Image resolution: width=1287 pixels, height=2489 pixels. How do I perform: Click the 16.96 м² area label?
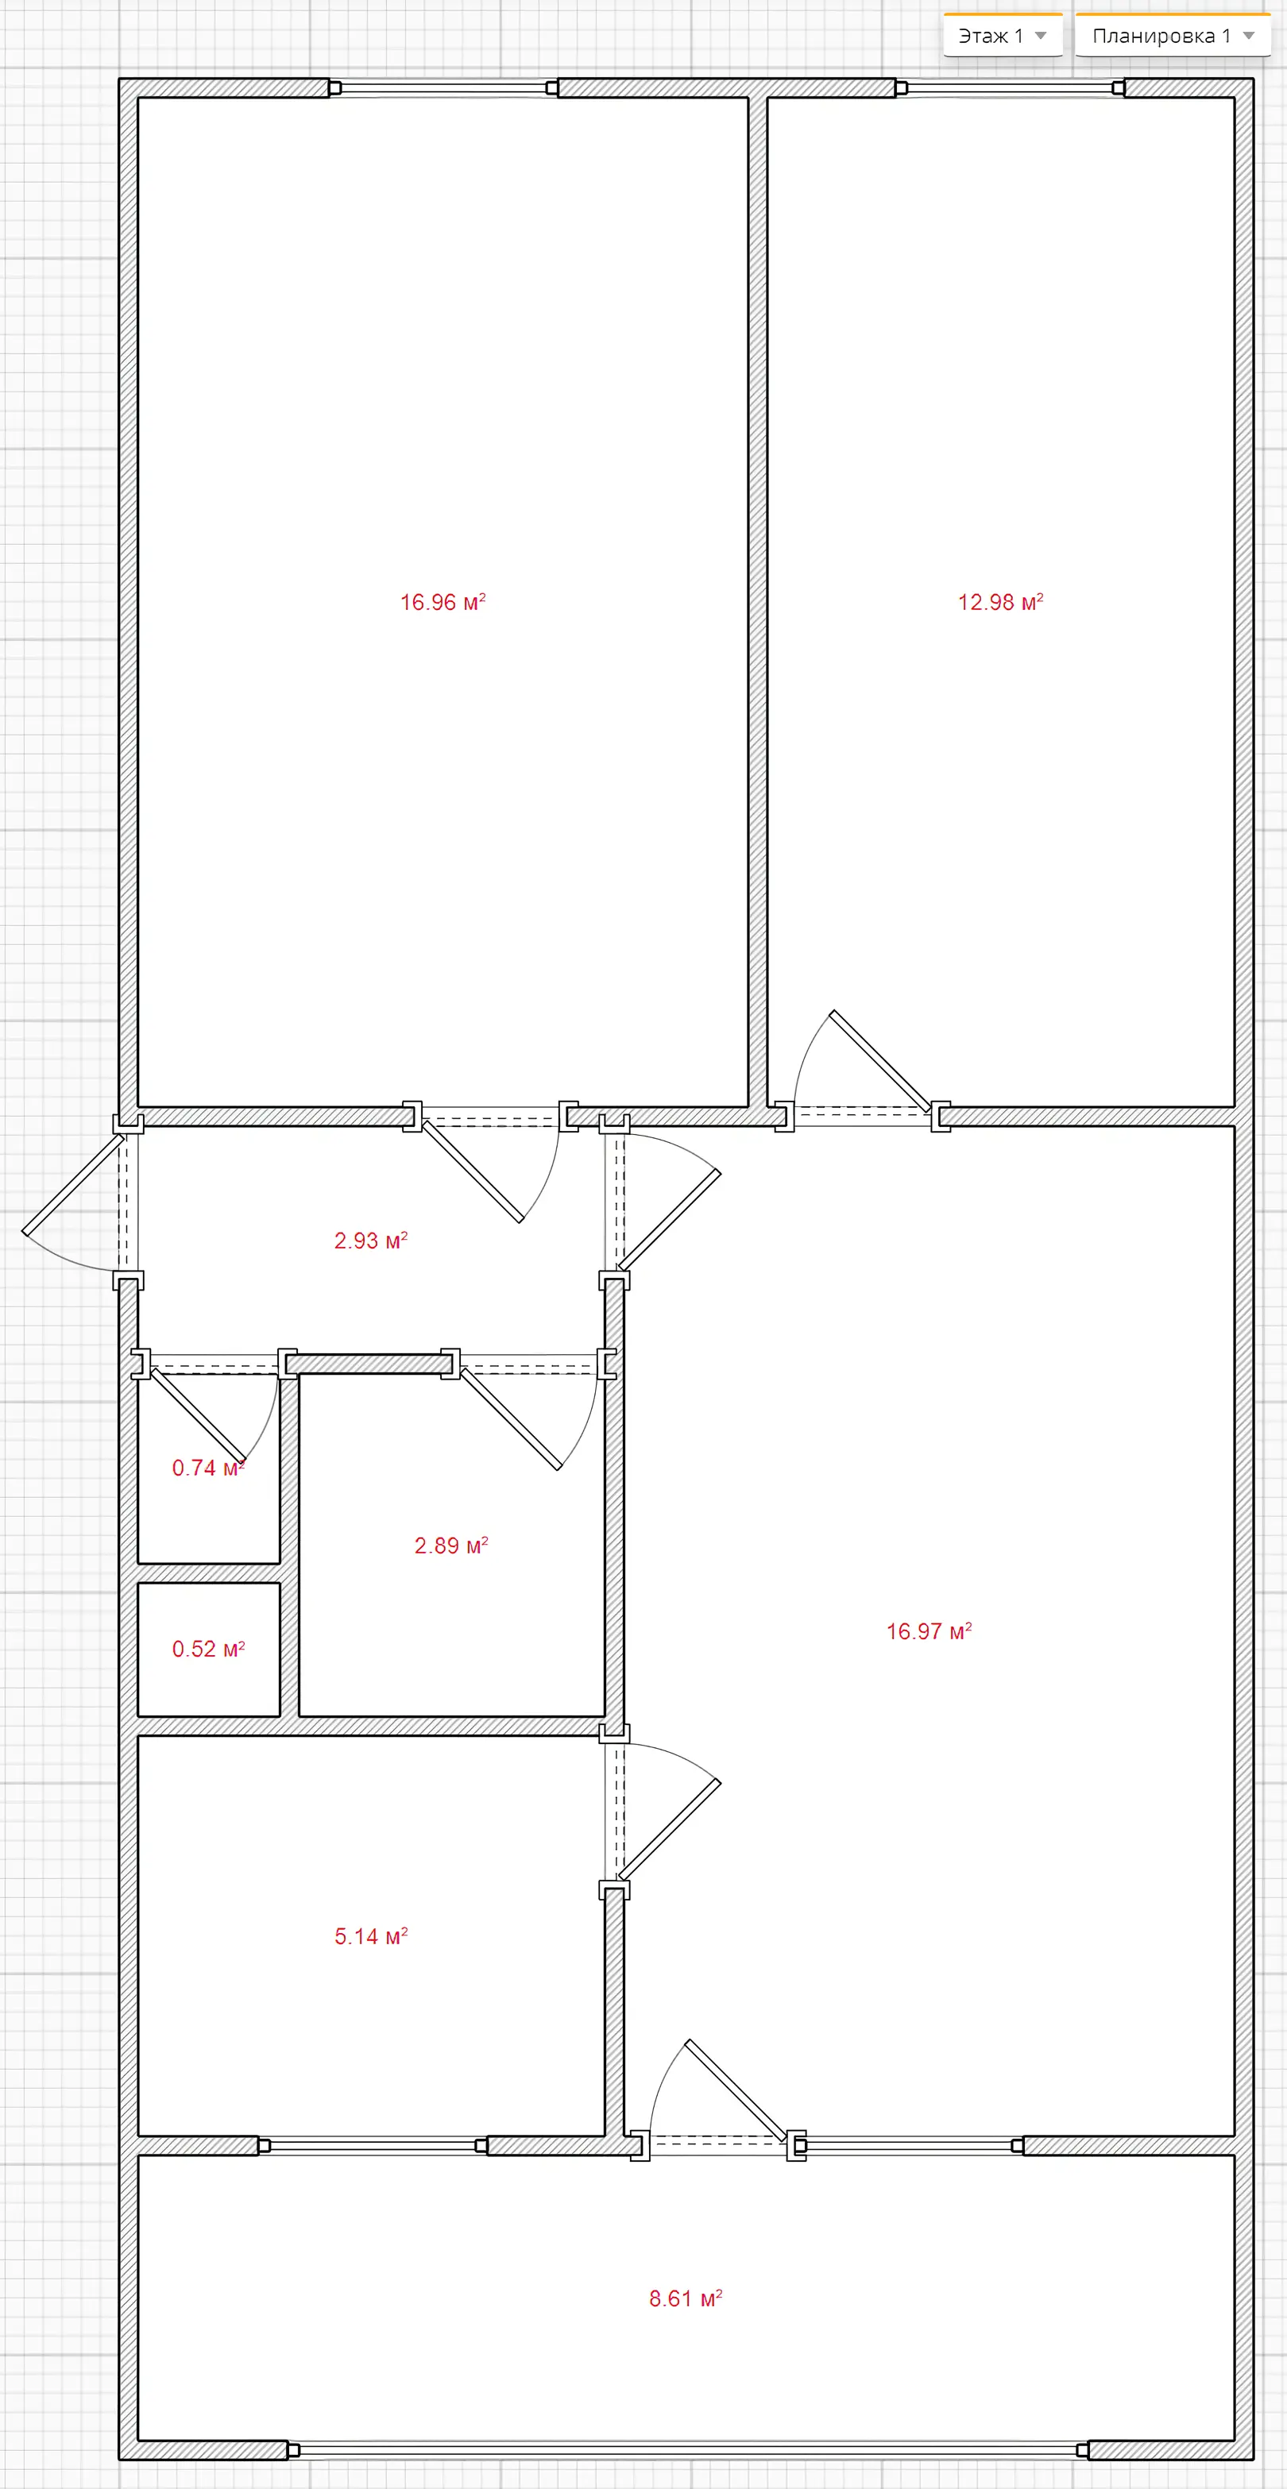pyautogui.click(x=443, y=602)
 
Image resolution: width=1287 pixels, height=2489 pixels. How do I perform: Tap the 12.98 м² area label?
pyautogui.click(x=1000, y=602)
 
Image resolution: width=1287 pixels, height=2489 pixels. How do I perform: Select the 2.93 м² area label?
pyautogui.click(x=371, y=1240)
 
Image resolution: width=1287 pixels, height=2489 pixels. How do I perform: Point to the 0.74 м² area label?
pyautogui.click(x=207, y=1468)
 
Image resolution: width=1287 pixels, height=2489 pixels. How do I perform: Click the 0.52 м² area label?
pyautogui.click(x=207, y=1649)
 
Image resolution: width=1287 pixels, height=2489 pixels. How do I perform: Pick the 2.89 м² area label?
pyautogui.click(x=451, y=1545)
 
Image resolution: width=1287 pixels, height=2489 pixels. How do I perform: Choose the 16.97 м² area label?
pyautogui.click(x=929, y=1631)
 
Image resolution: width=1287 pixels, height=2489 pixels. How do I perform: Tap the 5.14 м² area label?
pyautogui.click(x=371, y=1935)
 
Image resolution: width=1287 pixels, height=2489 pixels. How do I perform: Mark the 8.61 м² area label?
pyautogui.click(x=685, y=2298)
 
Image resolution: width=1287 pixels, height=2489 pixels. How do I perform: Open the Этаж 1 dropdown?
pyautogui.click(x=1003, y=36)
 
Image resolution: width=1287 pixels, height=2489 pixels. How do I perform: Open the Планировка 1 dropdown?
pyautogui.click(x=1173, y=36)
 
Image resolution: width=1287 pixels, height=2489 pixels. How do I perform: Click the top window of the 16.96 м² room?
pyautogui.click(x=443, y=88)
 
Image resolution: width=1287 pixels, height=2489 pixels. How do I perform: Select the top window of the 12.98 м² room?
pyautogui.click(x=1010, y=88)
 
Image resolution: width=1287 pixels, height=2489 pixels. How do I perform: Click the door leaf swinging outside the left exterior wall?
pyautogui.click(x=73, y=1185)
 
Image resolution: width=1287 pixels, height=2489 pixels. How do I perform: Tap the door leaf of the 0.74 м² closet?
pyautogui.click(x=198, y=1415)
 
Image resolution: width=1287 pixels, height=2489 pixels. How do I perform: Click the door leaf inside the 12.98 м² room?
pyautogui.click(x=881, y=1060)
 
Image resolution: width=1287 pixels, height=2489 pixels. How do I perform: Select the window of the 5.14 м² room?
pyautogui.click(x=373, y=2145)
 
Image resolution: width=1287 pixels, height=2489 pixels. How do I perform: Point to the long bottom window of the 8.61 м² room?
pyautogui.click(x=688, y=2449)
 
